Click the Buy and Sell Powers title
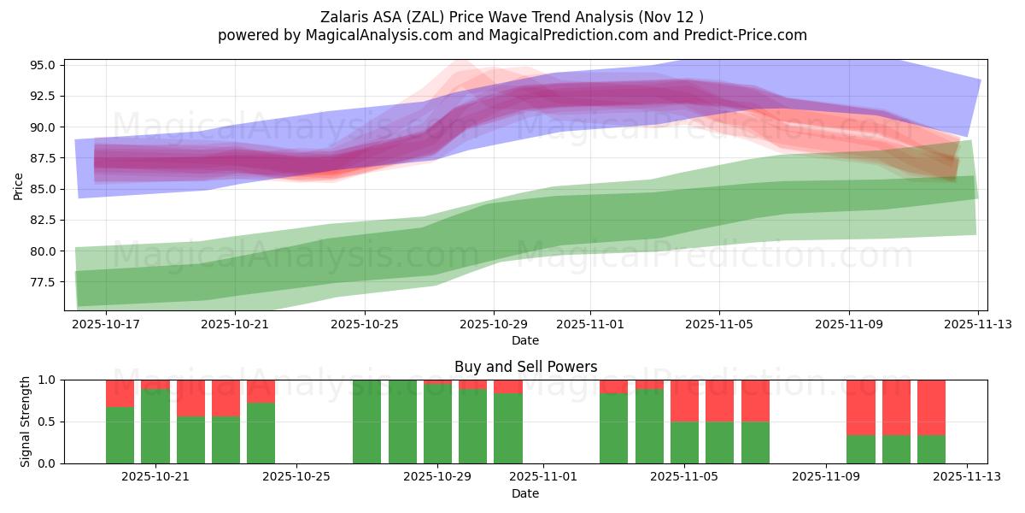pos(525,367)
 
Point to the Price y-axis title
pos(19,186)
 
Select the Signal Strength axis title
pos(26,422)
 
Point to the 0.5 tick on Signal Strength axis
pos(48,422)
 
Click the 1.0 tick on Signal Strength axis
pos(48,380)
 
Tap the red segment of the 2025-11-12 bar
pos(931,407)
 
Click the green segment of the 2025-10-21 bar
pos(155,426)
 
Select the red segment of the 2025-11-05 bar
pos(684,400)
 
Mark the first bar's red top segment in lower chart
pos(120,393)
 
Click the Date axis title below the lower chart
pos(525,493)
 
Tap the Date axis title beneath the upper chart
pos(525,340)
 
